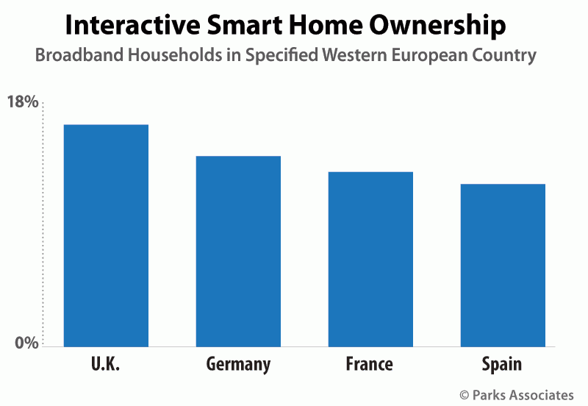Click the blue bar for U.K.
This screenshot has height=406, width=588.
[106, 235]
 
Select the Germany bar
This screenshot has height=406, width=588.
[238, 252]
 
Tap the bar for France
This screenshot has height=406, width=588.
[370, 260]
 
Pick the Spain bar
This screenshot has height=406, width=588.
[503, 266]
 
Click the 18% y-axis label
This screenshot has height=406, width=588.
[23, 101]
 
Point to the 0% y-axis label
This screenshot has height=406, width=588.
[26, 343]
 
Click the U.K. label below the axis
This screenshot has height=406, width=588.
[105, 363]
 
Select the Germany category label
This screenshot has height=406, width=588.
[238, 364]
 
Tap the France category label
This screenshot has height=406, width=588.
[370, 363]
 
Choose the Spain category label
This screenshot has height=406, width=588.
[502, 364]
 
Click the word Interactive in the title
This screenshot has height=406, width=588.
[133, 25]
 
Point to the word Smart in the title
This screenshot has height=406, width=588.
[245, 25]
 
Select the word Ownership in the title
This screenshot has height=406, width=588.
[437, 26]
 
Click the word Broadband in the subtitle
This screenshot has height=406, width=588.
[79, 54]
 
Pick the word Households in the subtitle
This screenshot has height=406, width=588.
[175, 54]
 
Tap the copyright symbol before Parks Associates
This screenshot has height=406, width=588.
[465, 395]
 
